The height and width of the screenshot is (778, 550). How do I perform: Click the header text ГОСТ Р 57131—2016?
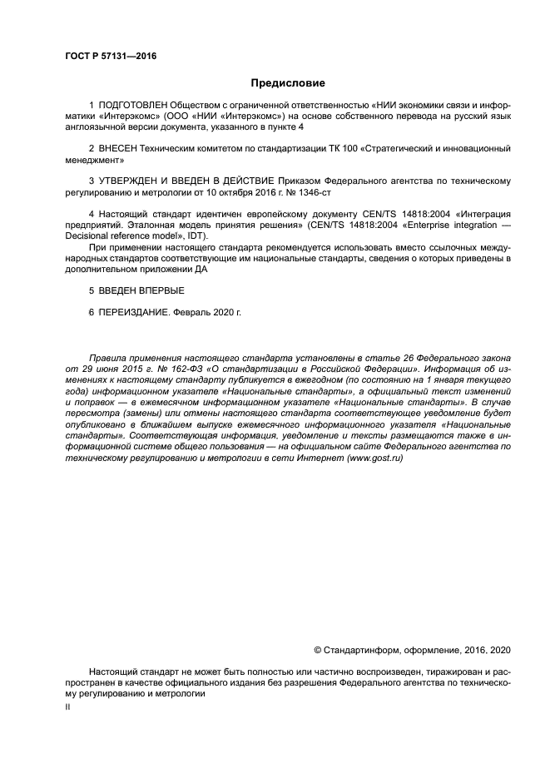tap(110, 56)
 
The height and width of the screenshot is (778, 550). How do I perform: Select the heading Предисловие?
tap(288, 83)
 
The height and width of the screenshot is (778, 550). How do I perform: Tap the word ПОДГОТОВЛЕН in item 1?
tap(131, 106)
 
